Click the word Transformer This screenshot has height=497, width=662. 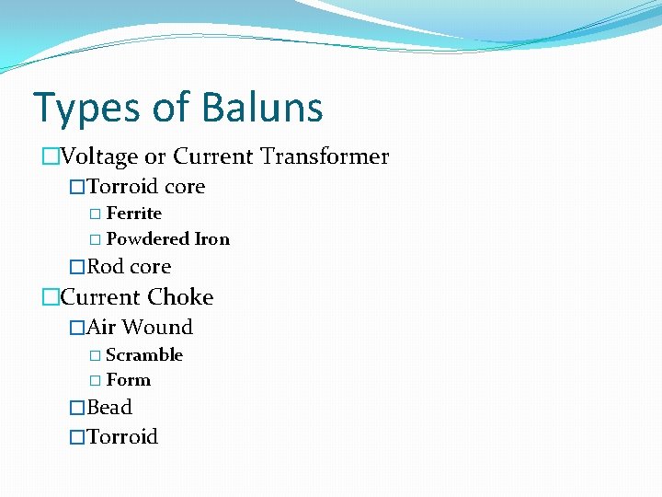click(x=325, y=156)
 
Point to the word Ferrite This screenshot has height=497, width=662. click(x=134, y=214)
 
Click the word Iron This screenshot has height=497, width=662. click(x=212, y=239)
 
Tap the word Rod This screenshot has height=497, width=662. click(x=105, y=267)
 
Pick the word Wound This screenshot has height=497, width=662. click(x=157, y=328)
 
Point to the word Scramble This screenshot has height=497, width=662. click(x=144, y=355)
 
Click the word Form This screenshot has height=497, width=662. click(x=129, y=380)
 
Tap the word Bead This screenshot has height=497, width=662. click(x=109, y=408)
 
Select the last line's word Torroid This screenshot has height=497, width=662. click(x=122, y=437)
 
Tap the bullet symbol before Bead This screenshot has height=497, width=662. click(x=77, y=408)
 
